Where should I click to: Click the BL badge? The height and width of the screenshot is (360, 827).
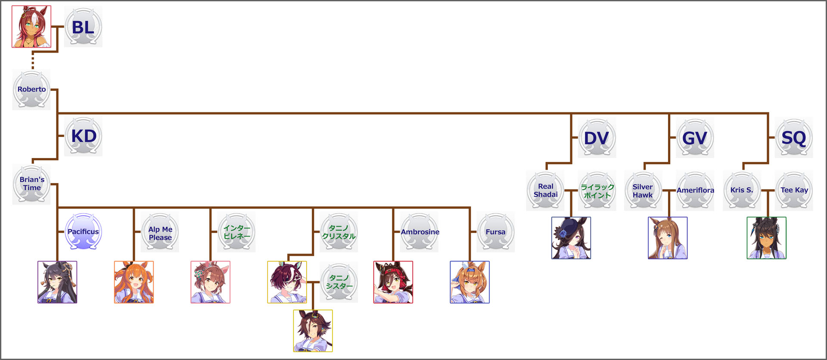coord(83,27)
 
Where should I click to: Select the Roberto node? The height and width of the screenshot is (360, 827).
coord(31,90)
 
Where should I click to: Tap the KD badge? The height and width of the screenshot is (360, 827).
coord(84,136)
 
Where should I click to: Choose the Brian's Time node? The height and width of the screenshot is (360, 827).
coord(31,184)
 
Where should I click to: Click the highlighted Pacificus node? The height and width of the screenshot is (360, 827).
coord(83,232)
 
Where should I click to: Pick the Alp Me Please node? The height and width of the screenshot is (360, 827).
coord(160,233)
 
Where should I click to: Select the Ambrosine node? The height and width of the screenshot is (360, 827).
coord(420,232)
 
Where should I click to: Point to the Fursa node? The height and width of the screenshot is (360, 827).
coord(496,232)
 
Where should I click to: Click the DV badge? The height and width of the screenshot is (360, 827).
coord(597,138)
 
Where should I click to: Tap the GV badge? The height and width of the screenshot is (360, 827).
coord(695,138)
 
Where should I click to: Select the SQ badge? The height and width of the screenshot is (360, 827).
coord(794,138)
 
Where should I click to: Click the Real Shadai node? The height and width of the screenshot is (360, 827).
coord(545,191)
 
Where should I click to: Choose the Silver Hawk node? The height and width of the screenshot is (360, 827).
coord(643,191)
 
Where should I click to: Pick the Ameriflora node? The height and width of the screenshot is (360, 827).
coord(695,191)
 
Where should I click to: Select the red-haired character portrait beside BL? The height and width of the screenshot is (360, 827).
coord(31,27)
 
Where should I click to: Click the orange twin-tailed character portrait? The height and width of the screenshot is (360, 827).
coord(134,282)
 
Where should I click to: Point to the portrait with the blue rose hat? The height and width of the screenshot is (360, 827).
coord(571,238)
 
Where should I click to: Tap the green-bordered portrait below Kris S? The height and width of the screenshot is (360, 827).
coord(767,238)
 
